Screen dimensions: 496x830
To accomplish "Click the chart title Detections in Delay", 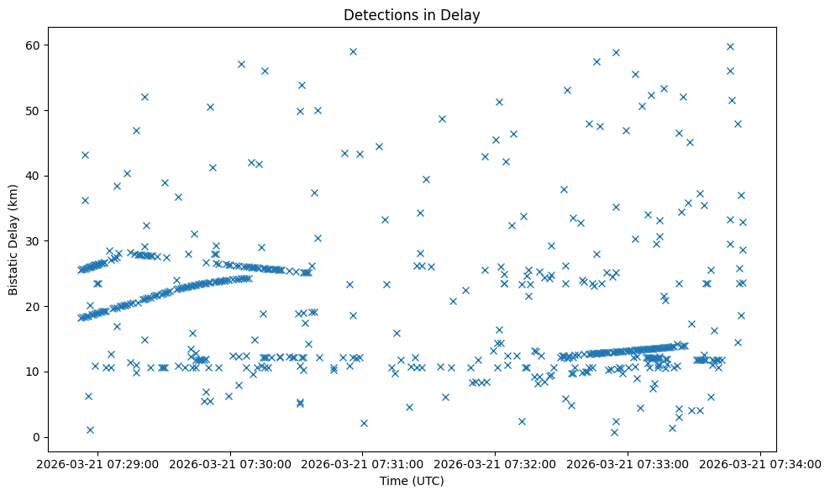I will [x=412, y=14].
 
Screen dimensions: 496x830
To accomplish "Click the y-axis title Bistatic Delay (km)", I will [x=13, y=240].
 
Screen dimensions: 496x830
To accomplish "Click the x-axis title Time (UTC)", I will [x=412, y=482].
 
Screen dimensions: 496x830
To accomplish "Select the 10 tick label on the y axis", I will [x=34, y=372].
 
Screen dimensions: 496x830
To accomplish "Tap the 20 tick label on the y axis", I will [x=34, y=306].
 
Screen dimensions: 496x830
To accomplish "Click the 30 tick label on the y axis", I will [x=34, y=241].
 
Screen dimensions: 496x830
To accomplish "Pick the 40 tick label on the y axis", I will [x=34, y=176].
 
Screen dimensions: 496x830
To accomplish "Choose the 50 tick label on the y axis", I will [x=34, y=110].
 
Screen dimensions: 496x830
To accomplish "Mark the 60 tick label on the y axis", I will [x=34, y=45].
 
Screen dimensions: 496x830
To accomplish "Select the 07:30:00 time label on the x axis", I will [x=230, y=464].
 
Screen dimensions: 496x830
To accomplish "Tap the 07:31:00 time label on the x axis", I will [x=363, y=464].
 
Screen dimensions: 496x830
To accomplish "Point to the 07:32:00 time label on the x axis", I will [x=496, y=464].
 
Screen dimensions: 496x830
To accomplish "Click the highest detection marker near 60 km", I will [x=730, y=46].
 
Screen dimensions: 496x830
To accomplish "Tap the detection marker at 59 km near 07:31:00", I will [x=353, y=51].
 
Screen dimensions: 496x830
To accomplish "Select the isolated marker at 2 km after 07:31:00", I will [x=364, y=423].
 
